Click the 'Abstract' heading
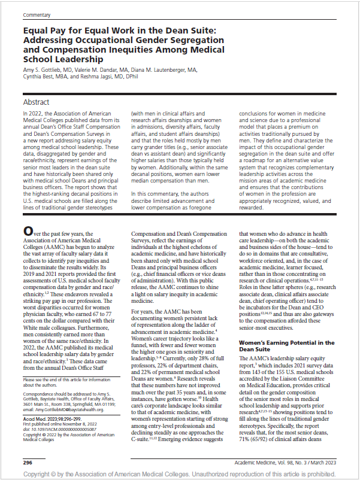click(37, 102)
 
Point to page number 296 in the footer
click(27, 463)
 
